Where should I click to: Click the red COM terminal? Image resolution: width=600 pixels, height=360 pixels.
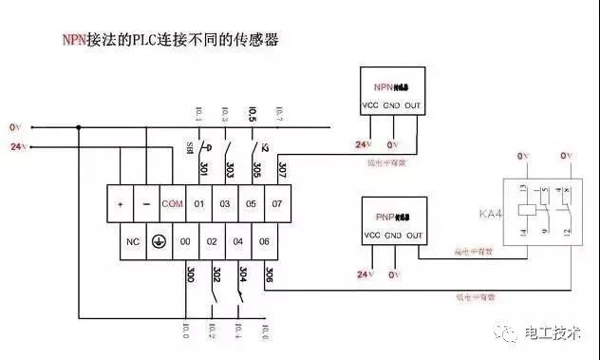[x=172, y=204]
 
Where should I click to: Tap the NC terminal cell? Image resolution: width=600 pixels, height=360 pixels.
[x=133, y=241]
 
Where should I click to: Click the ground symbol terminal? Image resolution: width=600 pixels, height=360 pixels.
[x=161, y=241]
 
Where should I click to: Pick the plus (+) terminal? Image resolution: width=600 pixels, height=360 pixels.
[x=121, y=204]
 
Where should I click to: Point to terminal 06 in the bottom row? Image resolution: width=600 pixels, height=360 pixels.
[x=265, y=241]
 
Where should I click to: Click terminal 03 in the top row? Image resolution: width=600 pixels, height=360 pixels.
[x=226, y=204]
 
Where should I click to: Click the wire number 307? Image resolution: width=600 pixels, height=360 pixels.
[x=282, y=168]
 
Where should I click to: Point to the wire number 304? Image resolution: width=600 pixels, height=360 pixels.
[x=243, y=275]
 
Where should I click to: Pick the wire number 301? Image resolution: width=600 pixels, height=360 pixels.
[x=203, y=168]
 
